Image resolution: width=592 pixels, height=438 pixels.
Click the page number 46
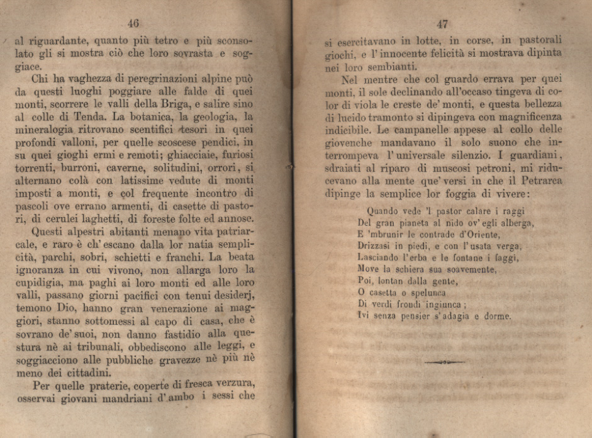[x=133, y=24]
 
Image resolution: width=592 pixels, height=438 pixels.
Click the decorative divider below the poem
[x=444, y=362]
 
